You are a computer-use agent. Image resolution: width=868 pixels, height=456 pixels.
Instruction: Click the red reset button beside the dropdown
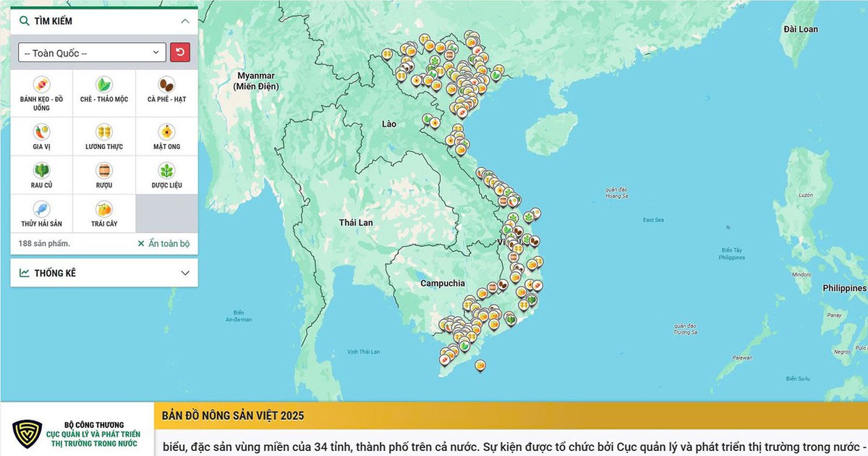pyautogui.click(x=180, y=52)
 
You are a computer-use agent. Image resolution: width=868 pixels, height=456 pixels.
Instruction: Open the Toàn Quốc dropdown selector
pyautogui.click(x=92, y=53)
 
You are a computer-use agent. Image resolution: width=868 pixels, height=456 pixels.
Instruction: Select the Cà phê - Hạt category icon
pyautogui.click(x=166, y=84)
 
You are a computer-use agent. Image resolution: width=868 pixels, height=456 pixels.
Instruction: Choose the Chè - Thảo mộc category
pyautogui.click(x=104, y=84)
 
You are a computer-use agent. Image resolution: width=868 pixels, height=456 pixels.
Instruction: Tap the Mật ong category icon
pyautogui.click(x=166, y=132)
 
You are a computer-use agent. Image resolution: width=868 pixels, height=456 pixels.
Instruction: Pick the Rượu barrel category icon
pyautogui.click(x=104, y=171)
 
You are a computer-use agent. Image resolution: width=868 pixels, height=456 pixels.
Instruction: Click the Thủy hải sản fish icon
pyautogui.click(x=41, y=210)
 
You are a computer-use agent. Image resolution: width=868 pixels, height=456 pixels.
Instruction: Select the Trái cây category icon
pyautogui.click(x=104, y=210)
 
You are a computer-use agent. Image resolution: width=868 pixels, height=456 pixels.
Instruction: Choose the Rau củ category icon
pyautogui.click(x=41, y=171)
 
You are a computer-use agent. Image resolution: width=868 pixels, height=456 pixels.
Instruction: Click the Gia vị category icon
pyautogui.click(x=41, y=132)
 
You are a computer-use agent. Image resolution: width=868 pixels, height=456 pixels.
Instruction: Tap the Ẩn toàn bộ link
pyautogui.click(x=163, y=244)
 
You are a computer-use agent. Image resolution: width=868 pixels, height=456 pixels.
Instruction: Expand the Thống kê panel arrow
pyautogui.click(x=185, y=273)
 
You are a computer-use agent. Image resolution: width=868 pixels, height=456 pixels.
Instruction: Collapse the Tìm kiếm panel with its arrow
pyautogui.click(x=185, y=21)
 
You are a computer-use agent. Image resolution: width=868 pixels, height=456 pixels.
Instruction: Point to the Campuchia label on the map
pyautogui.click(x=443, y=284)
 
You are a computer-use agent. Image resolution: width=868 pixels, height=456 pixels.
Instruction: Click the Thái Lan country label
pyautogui.click(x=356, y=222)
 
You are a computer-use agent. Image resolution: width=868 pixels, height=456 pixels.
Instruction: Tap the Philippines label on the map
pyautogui.click(x=844, y=288)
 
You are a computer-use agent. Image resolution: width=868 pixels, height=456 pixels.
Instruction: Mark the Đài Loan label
pyautogui.click(x=801, y=29)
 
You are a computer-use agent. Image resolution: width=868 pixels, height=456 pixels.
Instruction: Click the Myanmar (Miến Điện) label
pyautogui.click(x=256, y=81)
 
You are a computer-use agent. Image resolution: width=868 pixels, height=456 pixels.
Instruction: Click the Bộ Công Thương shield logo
pyautogui.click(x=27, y=434)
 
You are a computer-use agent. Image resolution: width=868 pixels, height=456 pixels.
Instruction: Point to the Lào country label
pyautogui.click(x=389, y=124)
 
